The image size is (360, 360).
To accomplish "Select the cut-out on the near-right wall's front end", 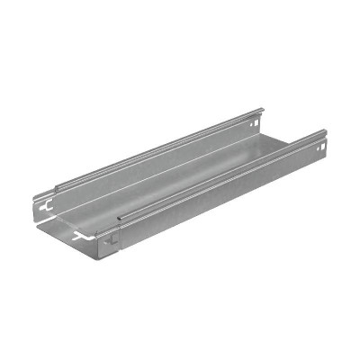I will point(111,240).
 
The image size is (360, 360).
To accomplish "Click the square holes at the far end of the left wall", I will point(260,116).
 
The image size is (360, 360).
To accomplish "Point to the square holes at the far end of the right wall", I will point(321,141).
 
